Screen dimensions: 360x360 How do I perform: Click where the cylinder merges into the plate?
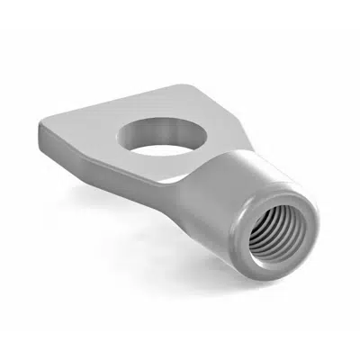point(193,180)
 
